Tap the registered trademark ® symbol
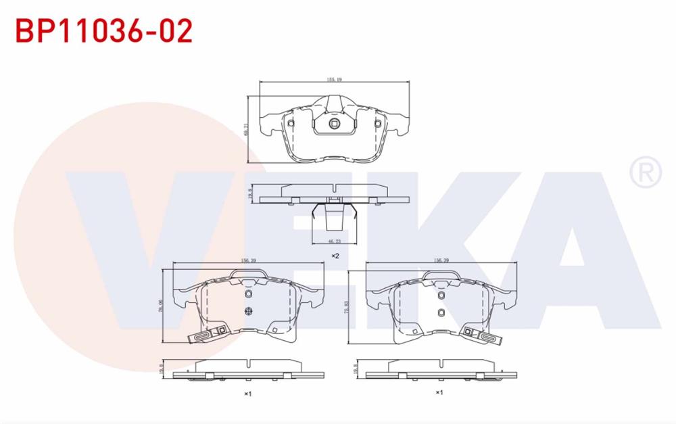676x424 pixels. click(x=646, y=172)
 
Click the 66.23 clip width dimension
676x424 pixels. click(x=333, y=240)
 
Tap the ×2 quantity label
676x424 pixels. click(x=335, y=256)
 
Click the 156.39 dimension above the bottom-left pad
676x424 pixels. click(x=248, y=260)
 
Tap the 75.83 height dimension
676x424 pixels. click(x=345, y=304)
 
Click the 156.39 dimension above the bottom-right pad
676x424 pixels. click(x=441, y=260)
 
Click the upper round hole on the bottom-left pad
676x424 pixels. click(x=247, y=295)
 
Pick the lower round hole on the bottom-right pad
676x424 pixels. click(x=440, y=312)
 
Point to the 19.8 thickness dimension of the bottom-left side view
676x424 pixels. click(x=162, y=371)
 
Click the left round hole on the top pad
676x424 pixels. click(x=291, y=123)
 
